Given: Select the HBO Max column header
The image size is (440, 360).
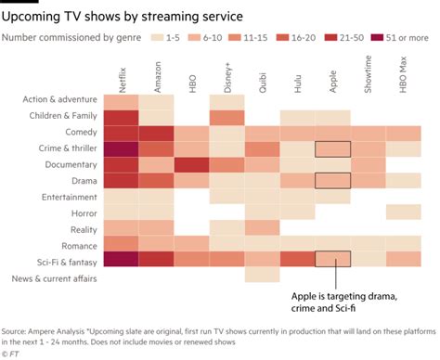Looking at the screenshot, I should pyautogui.click(x=402, y=74).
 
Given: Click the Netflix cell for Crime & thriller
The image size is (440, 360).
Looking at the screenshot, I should pyautogui.click(x=121, y=148).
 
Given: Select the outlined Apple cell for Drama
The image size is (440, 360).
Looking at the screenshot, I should pyautogui.click(x=332, y=180).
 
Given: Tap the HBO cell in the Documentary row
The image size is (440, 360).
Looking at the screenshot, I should pyautogui.click(x=191, y=164).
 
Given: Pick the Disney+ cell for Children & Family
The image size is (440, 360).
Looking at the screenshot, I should pyautogui.click(x=226, y=117).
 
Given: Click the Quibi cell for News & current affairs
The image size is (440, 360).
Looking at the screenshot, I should pyautogui.click(x=262, y=276).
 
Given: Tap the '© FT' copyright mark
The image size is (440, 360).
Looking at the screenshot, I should pyautogui.click(x=12, y=353).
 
